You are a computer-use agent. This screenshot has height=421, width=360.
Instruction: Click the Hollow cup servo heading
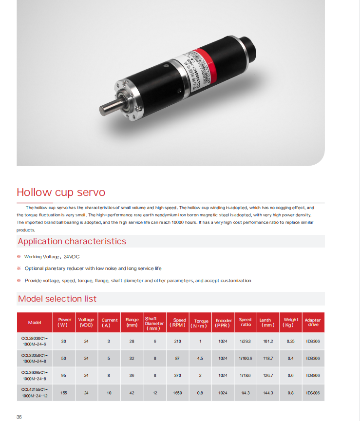[x=61, y=192]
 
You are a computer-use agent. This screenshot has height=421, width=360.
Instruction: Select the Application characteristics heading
[x=72, y=241]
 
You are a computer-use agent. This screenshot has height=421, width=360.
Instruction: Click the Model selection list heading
[x=57, y=299]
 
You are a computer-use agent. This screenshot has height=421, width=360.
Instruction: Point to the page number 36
[x=19, y=417]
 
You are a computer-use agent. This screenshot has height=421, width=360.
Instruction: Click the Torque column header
[x=201, y=323]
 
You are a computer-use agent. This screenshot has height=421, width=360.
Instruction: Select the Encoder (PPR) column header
[x=224, y=323]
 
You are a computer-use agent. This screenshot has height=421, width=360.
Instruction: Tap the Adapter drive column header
[x=313, y=323]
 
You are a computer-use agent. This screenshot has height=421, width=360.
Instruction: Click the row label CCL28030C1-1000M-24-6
[x=35, y=341]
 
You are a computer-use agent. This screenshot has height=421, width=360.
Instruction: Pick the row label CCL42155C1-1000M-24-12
[x=35, y=393]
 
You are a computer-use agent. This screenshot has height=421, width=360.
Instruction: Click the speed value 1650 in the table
[x=178, y=393]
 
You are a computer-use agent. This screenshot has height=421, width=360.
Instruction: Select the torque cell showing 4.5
[x=200, y=358]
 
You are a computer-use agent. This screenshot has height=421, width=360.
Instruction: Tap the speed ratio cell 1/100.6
[x=246, y=358]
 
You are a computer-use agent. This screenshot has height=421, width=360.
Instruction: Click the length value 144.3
[x=266, y=393]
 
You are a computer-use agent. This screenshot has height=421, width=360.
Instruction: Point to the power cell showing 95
[x=64, y=376]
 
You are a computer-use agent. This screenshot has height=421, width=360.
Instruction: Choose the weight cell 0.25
[x=291, y=341]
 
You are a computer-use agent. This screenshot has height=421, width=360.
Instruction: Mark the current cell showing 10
[x=109, y=393]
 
